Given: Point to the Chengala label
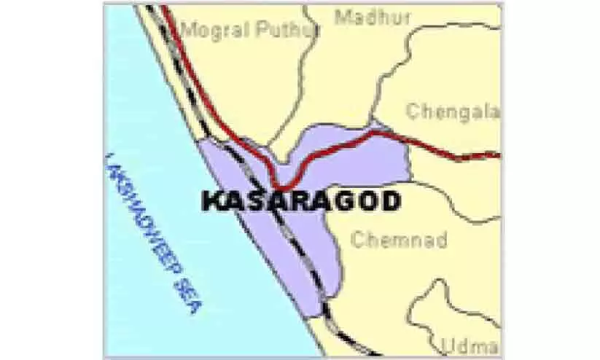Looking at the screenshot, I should point(452,111).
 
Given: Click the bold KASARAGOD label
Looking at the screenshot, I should point(300,201).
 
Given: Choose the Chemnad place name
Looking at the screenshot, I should point(399,239).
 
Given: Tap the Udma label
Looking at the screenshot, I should point(471,345).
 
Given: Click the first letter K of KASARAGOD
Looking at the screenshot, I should point(211,201).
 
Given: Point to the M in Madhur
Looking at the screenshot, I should point(342,17).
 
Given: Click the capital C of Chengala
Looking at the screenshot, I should point(413,111).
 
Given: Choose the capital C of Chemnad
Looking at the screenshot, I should point(358,239).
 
